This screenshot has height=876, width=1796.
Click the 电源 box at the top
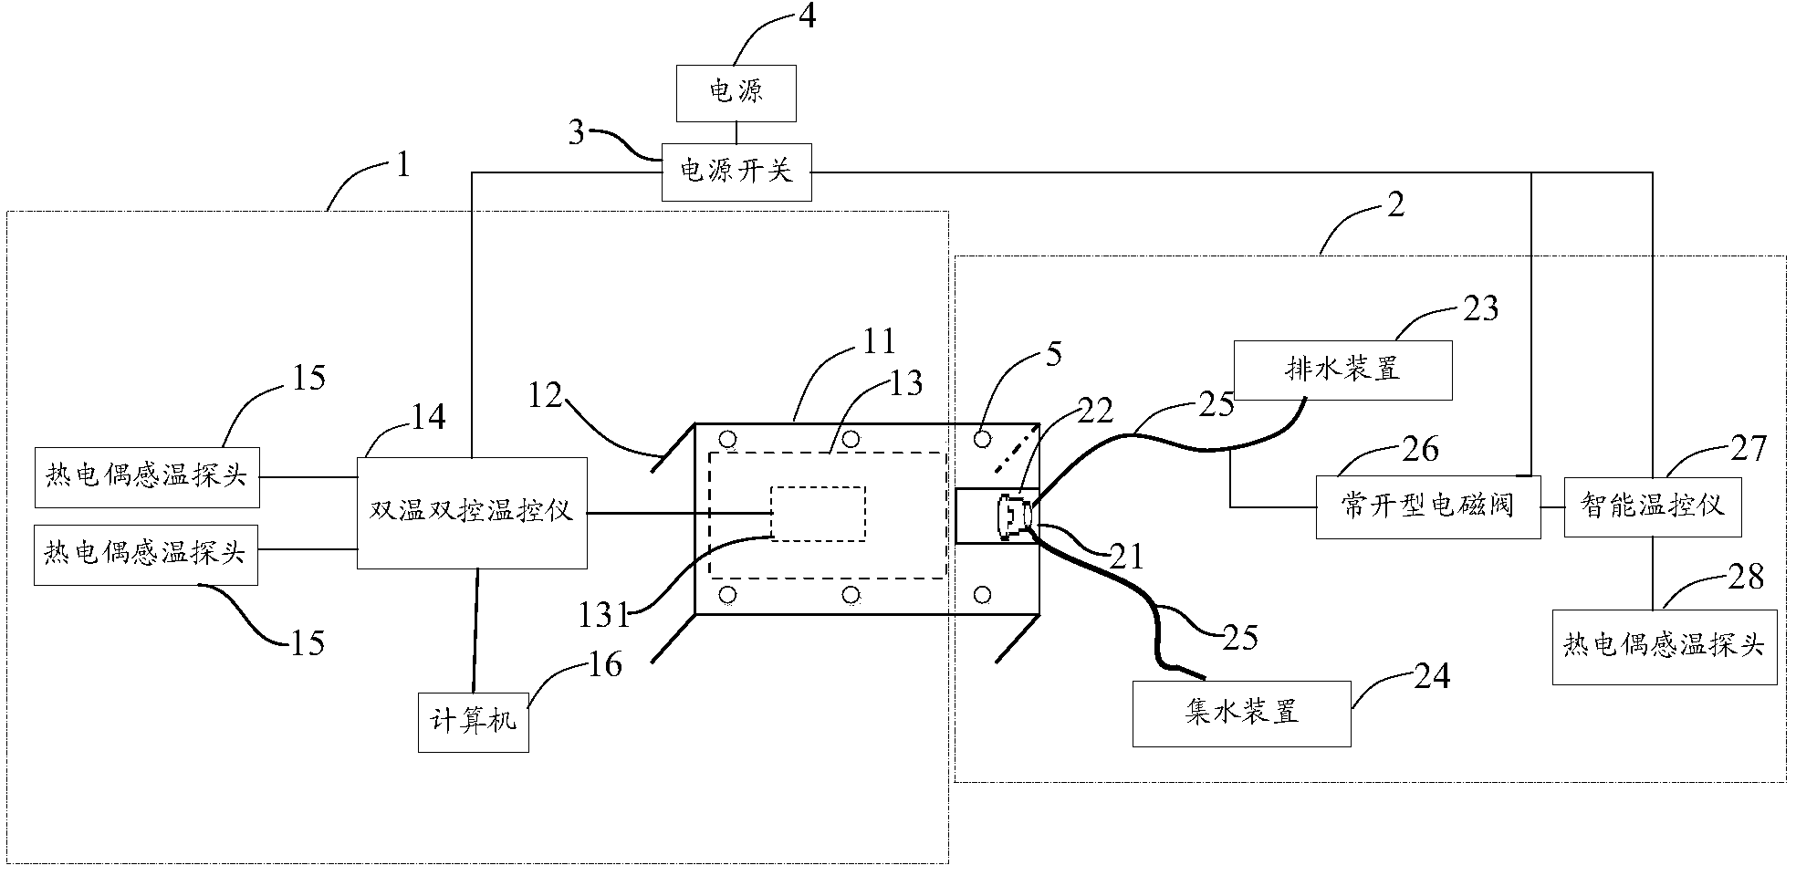point(736,92)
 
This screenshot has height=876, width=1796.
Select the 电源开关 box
point(736,171)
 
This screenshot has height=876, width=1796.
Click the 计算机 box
point(473,722)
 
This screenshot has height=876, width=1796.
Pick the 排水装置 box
point(1342,370)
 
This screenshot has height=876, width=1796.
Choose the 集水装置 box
point(1241,713)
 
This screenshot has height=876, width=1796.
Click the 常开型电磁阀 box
point(1427,506)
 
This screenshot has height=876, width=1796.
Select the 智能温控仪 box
point(1652,506)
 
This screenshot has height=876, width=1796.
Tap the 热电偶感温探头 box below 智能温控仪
point(1664,646)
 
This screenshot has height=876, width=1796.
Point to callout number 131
point(603,616)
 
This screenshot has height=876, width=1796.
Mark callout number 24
point(1431,676)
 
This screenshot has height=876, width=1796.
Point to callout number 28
point(1745,577)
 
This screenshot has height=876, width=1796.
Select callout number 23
point(1480,308)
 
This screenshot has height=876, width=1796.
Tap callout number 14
point(426,417)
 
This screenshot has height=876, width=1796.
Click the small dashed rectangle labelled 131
point(818,513)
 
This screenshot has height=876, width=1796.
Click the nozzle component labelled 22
point(1016,516)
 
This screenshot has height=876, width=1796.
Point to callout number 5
point(1054,354)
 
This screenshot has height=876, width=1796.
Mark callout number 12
point(545,394)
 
